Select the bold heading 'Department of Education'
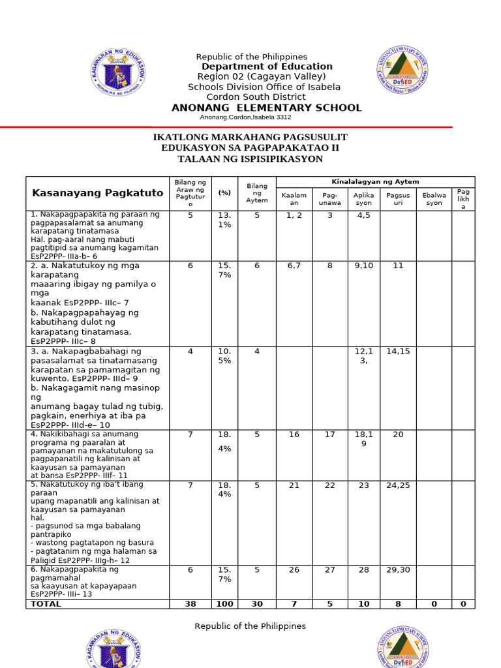tap(267, 67)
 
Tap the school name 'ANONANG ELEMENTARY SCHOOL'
tap(266, 108)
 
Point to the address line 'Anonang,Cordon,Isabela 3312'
tap(245, 117)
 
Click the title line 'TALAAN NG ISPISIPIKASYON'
tap(250, 159)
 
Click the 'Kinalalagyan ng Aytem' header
tap(375, 181)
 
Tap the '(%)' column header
tap(224, 192)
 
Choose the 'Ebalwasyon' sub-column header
tap(434, 199)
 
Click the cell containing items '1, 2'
tap(294, 215)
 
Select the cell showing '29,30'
tap(398, 569)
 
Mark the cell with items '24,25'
tap(398, 485)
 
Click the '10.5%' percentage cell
tap(224, 356)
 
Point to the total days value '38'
tap(190, 604)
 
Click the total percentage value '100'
tap(224, 604)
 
